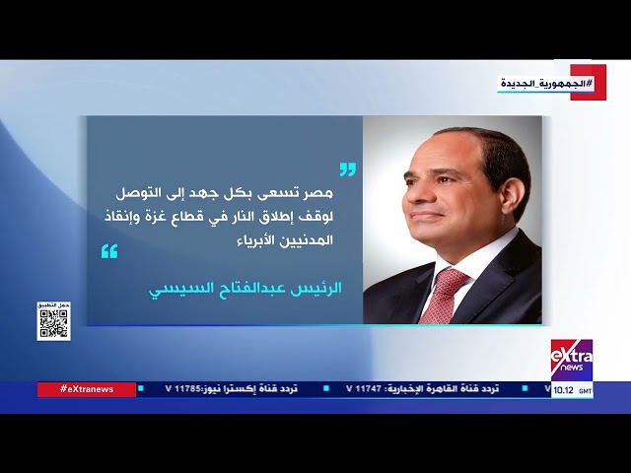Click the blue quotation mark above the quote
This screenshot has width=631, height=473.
(347, 169)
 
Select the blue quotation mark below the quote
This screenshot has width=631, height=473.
(109, 252)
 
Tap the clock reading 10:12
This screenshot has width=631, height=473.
(564, 390)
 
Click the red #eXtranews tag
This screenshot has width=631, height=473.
(87, 389)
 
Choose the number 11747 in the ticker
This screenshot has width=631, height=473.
(364, 389)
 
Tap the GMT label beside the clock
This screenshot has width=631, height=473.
(586, 391)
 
